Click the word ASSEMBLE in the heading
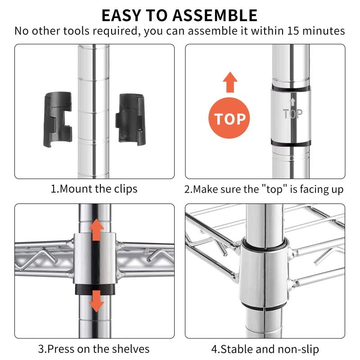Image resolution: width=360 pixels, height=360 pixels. (x=215, y=16)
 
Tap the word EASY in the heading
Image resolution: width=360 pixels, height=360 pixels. (x=121, y=16)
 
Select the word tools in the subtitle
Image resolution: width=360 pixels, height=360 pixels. (x=76, y=31)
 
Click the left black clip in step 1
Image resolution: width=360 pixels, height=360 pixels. (x=58, y=119)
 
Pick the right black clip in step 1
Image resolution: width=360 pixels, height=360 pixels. (x=130, y=119)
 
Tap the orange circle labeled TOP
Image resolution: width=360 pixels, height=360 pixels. (x=229, y=118)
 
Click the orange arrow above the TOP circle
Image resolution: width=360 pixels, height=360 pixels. (x=230, y=82)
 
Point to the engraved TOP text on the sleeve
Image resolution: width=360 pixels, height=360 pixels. (x=293, y=114)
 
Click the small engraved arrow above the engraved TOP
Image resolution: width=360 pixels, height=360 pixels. (x=292, y=102)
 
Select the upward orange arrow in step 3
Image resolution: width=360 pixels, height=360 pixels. (x=96, y=229)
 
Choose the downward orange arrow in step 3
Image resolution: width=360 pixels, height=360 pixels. (x=96, y=301)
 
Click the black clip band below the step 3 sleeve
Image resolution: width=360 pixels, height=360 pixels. (x=95, y=289)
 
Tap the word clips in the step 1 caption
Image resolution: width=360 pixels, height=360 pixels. (x=125, y=189)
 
